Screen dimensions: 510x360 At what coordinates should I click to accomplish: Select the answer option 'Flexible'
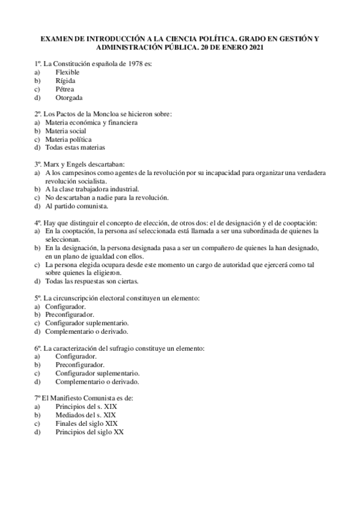click(67, 72)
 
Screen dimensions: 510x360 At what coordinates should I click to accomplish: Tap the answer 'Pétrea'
click(65, 89)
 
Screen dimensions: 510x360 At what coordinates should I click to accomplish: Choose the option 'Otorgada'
click(69, 97)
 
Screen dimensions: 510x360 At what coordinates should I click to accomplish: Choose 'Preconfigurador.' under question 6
click(79, 364)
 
